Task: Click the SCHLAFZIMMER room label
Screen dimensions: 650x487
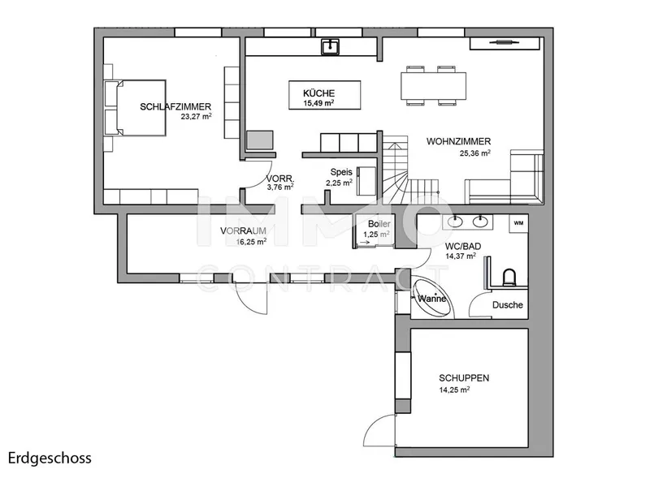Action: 175,107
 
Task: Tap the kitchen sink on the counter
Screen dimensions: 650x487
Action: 331,47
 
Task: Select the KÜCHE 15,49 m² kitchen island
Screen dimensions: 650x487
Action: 324,95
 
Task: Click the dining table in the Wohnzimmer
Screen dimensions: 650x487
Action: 433,86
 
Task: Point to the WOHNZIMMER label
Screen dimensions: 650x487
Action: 458,141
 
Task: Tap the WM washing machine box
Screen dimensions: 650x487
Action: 518,224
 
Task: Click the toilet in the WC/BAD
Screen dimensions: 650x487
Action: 509,278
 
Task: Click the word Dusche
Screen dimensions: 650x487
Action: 507,305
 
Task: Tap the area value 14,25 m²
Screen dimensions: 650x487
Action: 454,390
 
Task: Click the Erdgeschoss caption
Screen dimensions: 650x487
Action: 50,459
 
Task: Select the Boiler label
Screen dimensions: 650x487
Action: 379,224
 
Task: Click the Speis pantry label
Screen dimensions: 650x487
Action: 341,172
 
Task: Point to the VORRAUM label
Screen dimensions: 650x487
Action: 243,231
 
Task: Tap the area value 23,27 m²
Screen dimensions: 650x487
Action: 196,116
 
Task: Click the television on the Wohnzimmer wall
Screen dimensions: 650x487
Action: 504,42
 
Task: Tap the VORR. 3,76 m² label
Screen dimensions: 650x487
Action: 279,183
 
